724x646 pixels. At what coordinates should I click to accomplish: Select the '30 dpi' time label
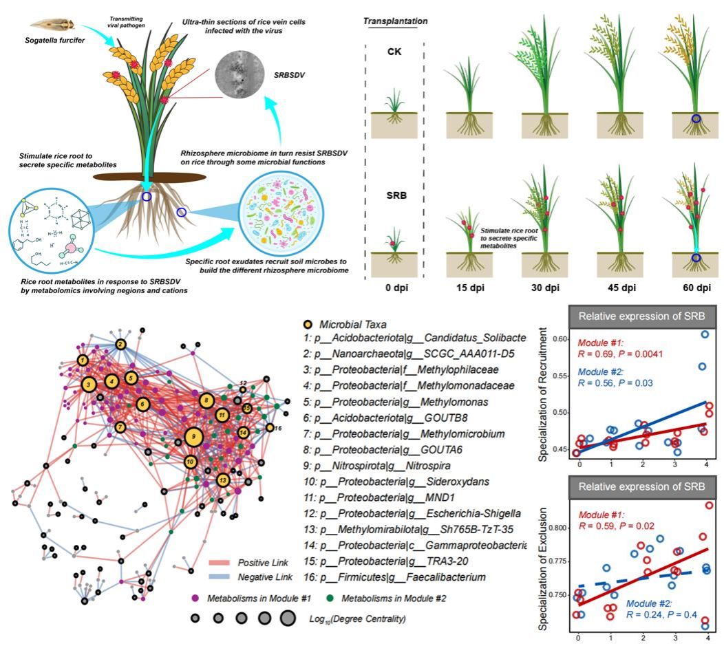tap(546, 283)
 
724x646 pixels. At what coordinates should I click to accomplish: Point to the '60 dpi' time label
tap(696, 283)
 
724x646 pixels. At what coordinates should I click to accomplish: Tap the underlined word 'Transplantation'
tap(396, 21)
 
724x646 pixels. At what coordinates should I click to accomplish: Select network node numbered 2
tap(120, 345)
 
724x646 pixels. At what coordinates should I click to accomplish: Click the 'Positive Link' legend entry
tap(248, 562)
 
